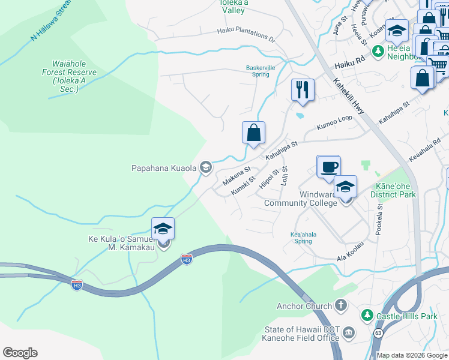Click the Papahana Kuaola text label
[164, 168]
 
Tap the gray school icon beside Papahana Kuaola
[205, 167]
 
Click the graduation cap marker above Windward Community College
[345, 187]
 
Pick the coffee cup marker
[328, 166]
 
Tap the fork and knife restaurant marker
[303, 90]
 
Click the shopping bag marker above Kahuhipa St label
[253, 133]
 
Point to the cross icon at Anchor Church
[341, 306]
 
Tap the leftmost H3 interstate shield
[76, 284]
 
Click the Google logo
[20, 353]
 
